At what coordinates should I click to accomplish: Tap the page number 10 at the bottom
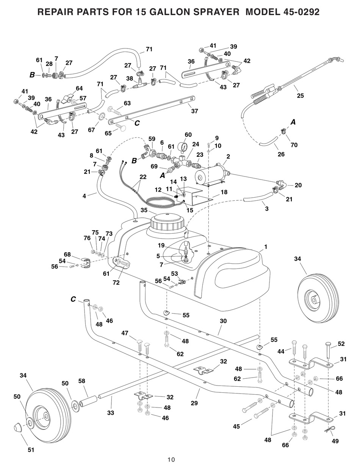coord(171,459)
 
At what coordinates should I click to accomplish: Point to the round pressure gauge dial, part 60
coord(184,147)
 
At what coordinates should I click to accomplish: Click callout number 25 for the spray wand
coord(300,96)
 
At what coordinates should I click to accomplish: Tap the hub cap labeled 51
coord(17,428)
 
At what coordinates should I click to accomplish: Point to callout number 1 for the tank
coord(266,247)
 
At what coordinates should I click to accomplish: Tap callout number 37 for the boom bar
coord(194,111)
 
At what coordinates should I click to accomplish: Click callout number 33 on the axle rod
coord(110,412)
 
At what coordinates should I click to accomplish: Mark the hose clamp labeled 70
coord(283,131)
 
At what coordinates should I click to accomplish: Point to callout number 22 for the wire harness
coord(142,176)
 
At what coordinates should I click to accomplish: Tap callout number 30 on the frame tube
coord(223,321)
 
